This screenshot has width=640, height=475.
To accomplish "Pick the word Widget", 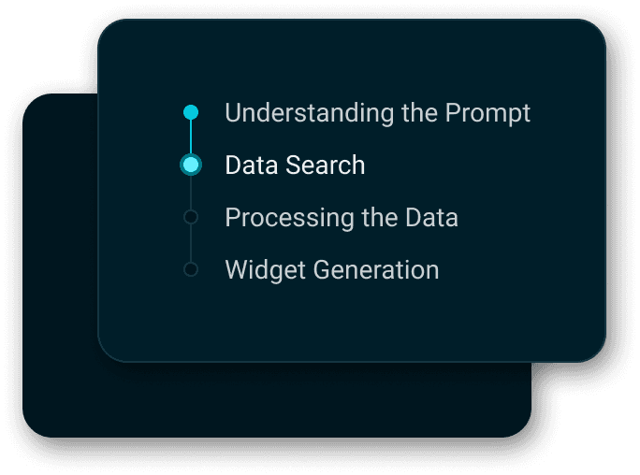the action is tap(265, 270).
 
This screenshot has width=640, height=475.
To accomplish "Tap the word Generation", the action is tap(375, 270).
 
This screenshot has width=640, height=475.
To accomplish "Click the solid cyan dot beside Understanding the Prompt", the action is tap(191, 113).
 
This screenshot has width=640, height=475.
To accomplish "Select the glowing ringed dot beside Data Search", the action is tap(191, 166).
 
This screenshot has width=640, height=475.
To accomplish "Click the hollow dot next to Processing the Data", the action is tap(191, 218).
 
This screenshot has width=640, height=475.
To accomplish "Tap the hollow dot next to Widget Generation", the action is tap(191, 270).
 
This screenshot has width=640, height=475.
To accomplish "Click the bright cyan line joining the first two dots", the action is tap(191, 137).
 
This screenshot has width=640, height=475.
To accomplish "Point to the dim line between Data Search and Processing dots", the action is tap(191, 194).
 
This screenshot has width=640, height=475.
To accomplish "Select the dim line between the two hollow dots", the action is tap(191, 244).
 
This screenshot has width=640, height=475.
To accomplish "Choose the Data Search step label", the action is tap(295, 166).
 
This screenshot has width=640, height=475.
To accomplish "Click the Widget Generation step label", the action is tap(331, 270).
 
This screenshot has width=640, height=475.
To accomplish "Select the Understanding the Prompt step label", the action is tap(377, 113).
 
